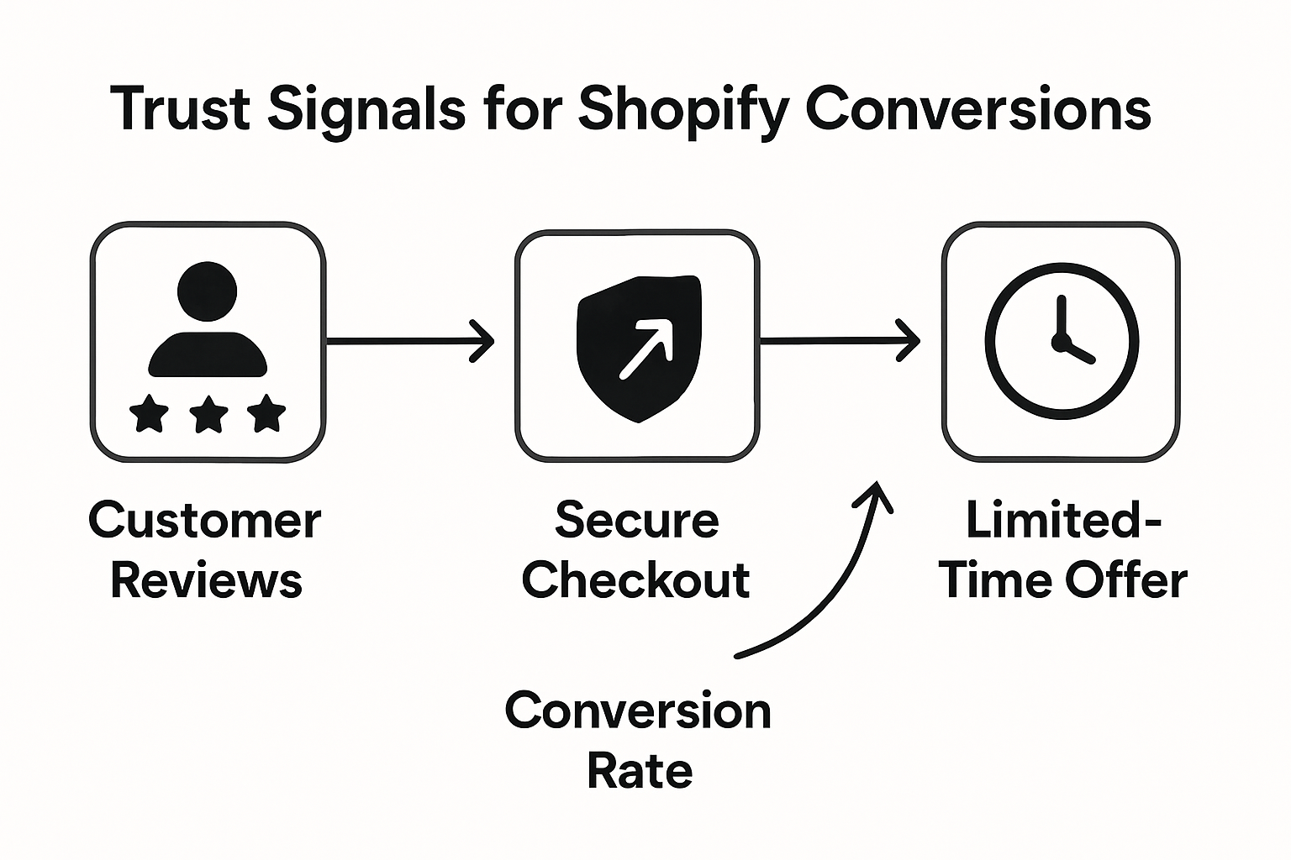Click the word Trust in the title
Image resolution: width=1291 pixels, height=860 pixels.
(180, 109)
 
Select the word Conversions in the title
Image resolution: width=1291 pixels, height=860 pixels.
(978, 109)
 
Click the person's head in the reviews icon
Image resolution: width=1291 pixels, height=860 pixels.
(207, 292)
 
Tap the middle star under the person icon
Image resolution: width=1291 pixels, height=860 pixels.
(208, 413)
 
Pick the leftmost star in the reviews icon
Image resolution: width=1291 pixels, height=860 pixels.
(149, 413)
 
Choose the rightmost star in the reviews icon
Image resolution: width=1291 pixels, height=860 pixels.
(267, 413)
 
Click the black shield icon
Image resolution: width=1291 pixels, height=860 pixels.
(639, 346)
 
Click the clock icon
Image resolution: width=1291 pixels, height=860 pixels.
(1062, 341)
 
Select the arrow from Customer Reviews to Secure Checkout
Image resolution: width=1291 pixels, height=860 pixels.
(409, 341)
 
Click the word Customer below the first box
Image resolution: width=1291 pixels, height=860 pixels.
(204, 521)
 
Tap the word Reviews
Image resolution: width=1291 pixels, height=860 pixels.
(206, 580)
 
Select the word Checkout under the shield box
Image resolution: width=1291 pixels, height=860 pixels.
(636, 580)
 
